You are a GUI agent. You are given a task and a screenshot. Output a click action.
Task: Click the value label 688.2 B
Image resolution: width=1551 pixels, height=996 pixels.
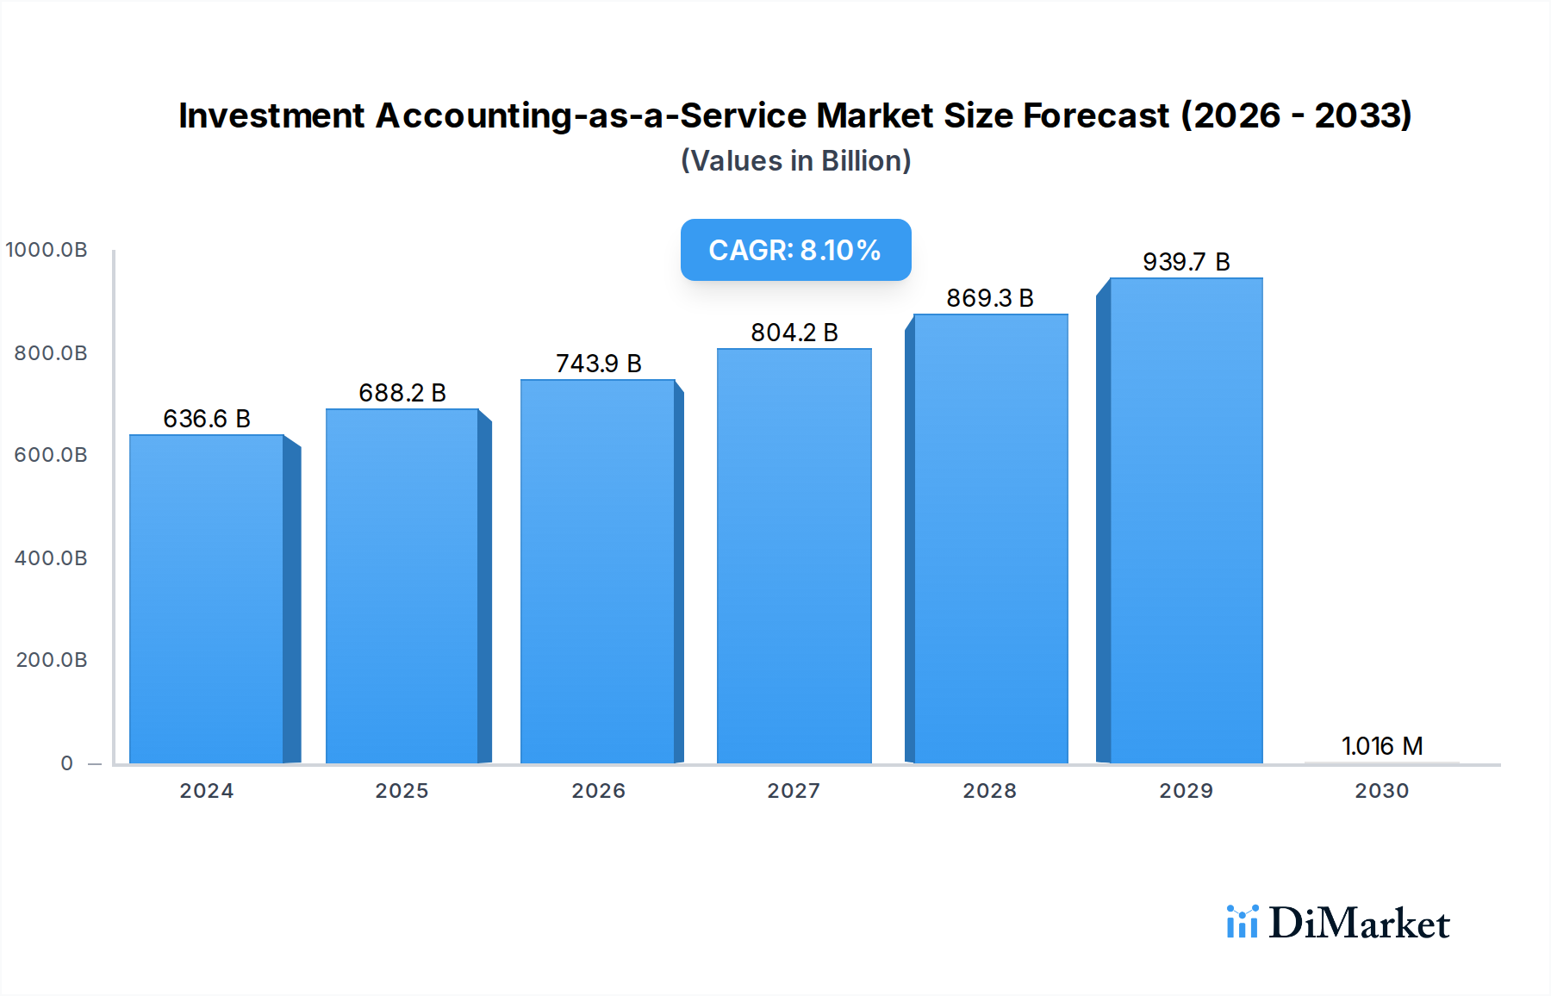pyautogui.click(x=402, y=393)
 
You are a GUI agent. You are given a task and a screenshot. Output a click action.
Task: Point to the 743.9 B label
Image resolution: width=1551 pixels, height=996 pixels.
pyautogui.click(x=598, y=364)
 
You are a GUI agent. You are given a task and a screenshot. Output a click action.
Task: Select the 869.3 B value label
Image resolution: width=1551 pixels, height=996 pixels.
pyautogui.click(x=989, y=298)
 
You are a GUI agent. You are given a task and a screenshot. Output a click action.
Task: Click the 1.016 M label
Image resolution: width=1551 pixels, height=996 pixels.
pyautogui.click(x=1381, y=746)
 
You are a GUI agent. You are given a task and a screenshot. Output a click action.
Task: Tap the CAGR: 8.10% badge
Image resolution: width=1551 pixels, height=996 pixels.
pyautogui.click(x=795, y=250)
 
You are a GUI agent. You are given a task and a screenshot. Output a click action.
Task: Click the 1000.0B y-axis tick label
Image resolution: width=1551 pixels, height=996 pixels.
pyautogui.click(x=47, y=250)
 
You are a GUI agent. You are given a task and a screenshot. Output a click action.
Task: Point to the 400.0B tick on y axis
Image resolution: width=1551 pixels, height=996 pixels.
pyautogui.click(x=51, y=558)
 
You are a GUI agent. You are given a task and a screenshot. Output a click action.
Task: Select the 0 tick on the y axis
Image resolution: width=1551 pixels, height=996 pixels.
pyautogui.click(x=66, y=763)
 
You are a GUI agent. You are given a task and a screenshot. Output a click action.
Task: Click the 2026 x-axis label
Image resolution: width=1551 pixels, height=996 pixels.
pyautogui.click(x=598, y=791)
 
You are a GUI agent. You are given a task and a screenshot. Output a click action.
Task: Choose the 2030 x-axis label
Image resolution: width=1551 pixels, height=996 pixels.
pyautogui.click(x=1381, y=791)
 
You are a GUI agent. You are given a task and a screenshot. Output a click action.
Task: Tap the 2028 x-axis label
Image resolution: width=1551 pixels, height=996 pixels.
pyautogui.click(x=989, y=791)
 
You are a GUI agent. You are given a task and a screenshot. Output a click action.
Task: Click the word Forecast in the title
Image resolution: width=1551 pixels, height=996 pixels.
pyautogui.click(x=1095, y=115)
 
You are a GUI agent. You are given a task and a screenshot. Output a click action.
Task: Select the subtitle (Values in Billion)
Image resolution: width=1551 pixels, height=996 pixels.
pyautogui.click(x=795, y=161)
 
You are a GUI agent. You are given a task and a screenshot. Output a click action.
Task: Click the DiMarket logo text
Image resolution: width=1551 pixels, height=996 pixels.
pyautogui.click(x=1359, y=923)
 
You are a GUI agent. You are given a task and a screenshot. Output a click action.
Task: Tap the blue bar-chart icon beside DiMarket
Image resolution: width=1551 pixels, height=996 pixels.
pyautogui.click(x=1242, y=922)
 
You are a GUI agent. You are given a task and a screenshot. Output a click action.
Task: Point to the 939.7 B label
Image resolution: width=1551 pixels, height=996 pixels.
pyautogui.click(x=1186, y=262)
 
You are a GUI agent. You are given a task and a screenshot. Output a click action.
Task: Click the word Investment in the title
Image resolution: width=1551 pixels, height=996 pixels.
pyautogui.click(x=271, y=115)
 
